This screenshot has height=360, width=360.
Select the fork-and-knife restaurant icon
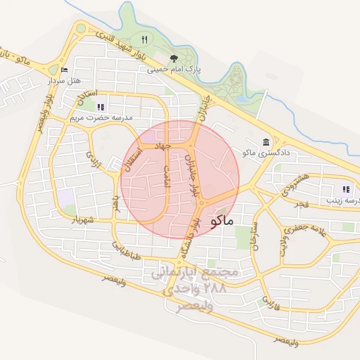coord(144,39)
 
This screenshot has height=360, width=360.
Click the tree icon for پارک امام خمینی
coord(174,58)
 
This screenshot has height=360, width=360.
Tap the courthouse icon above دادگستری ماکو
coord(266,141)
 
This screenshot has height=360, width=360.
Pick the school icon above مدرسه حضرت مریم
coord(101,107)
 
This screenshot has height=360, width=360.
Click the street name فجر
coord(302,203)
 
